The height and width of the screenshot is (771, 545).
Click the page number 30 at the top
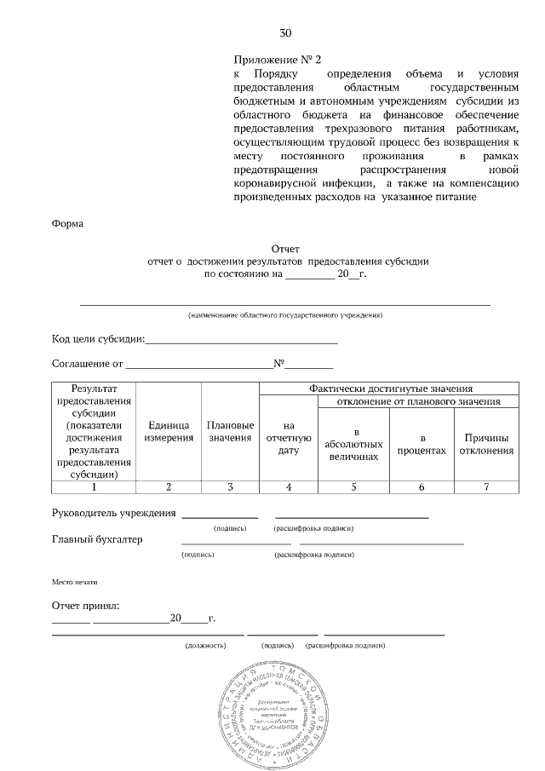click(x=285, y=34)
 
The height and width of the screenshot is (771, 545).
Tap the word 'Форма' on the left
click(x=68, y=224)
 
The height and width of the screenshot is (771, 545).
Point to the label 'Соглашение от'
click(x=88, y=365)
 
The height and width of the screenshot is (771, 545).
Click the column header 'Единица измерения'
click(x=169, y=431)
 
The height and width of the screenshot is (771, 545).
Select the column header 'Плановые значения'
click(x=230, y=431)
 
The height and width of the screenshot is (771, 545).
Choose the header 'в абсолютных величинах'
click(x=353, y=444)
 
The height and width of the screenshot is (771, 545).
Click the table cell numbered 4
click(x=289, y=487)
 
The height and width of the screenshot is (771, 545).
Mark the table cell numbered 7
click(x=486, y=487)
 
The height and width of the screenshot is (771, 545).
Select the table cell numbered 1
click(x=94, y=487)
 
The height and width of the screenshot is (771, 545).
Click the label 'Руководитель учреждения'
click(x=114, y=513)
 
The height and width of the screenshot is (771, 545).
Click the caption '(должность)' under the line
click(x=205, y=646)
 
